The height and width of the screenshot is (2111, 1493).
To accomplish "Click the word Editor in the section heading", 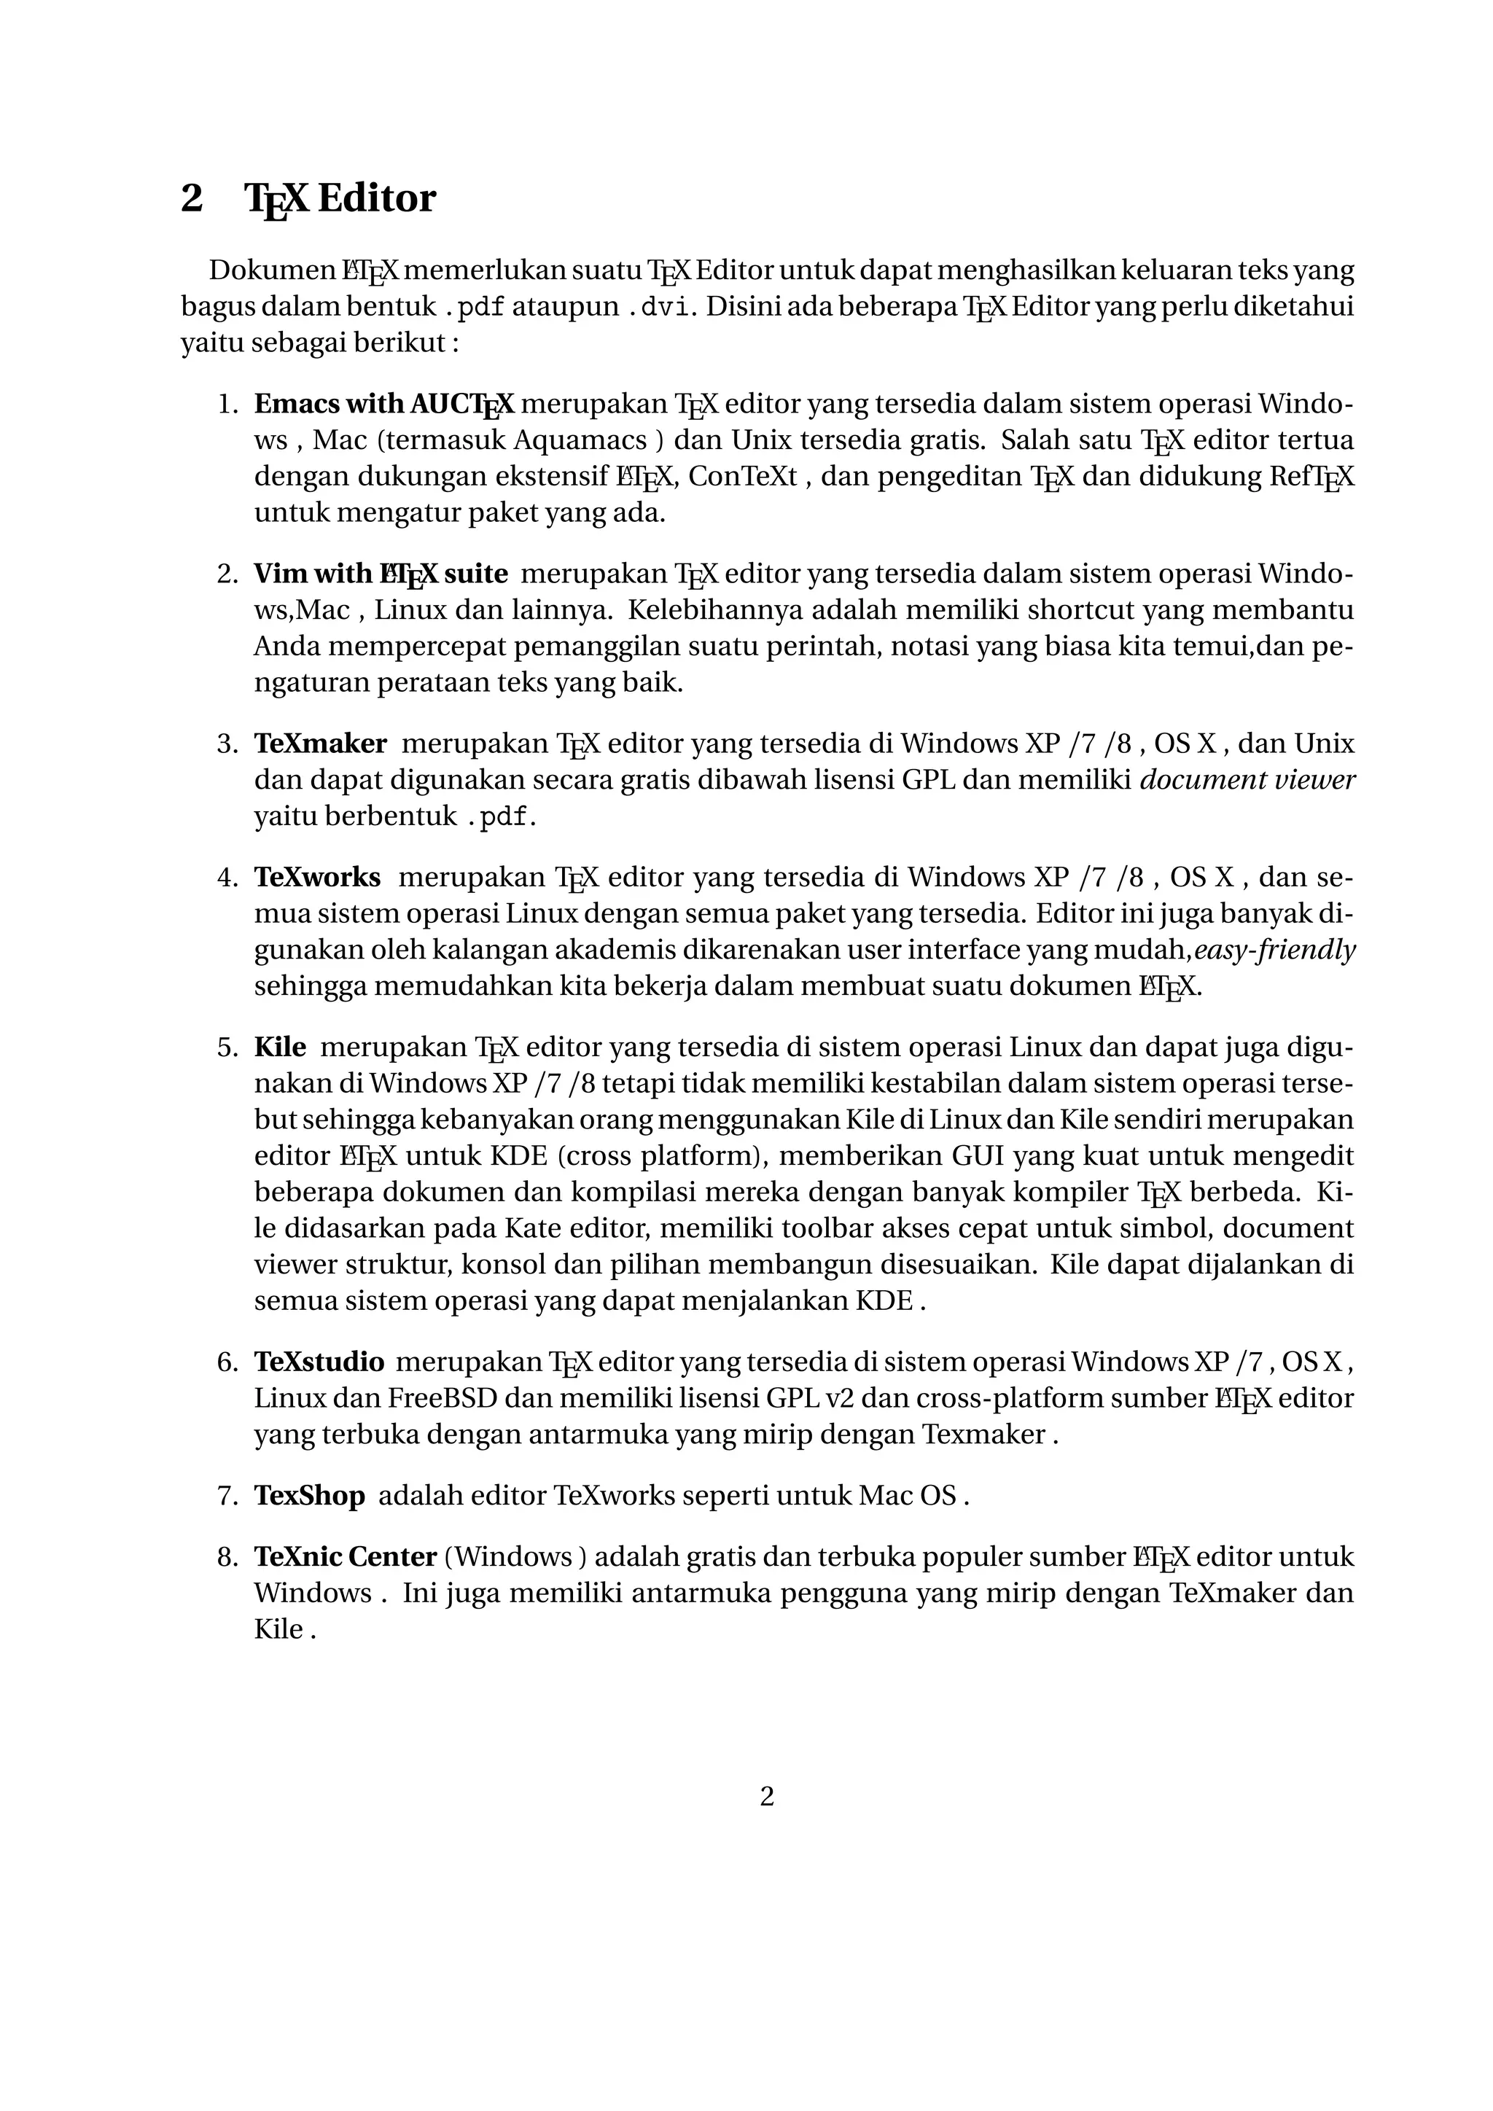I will pos(376,198).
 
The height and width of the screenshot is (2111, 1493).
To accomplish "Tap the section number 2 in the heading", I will pos(191,198).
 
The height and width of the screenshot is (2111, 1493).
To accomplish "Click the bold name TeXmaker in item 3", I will pos(320,743).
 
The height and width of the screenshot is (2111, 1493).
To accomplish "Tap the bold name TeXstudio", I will pos(319,1362).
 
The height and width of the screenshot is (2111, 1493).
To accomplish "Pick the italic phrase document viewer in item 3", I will pos(1247,780).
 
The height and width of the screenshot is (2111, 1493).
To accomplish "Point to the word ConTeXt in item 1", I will pos(743,476).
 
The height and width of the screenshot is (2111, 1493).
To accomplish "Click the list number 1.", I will pos(226,404).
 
